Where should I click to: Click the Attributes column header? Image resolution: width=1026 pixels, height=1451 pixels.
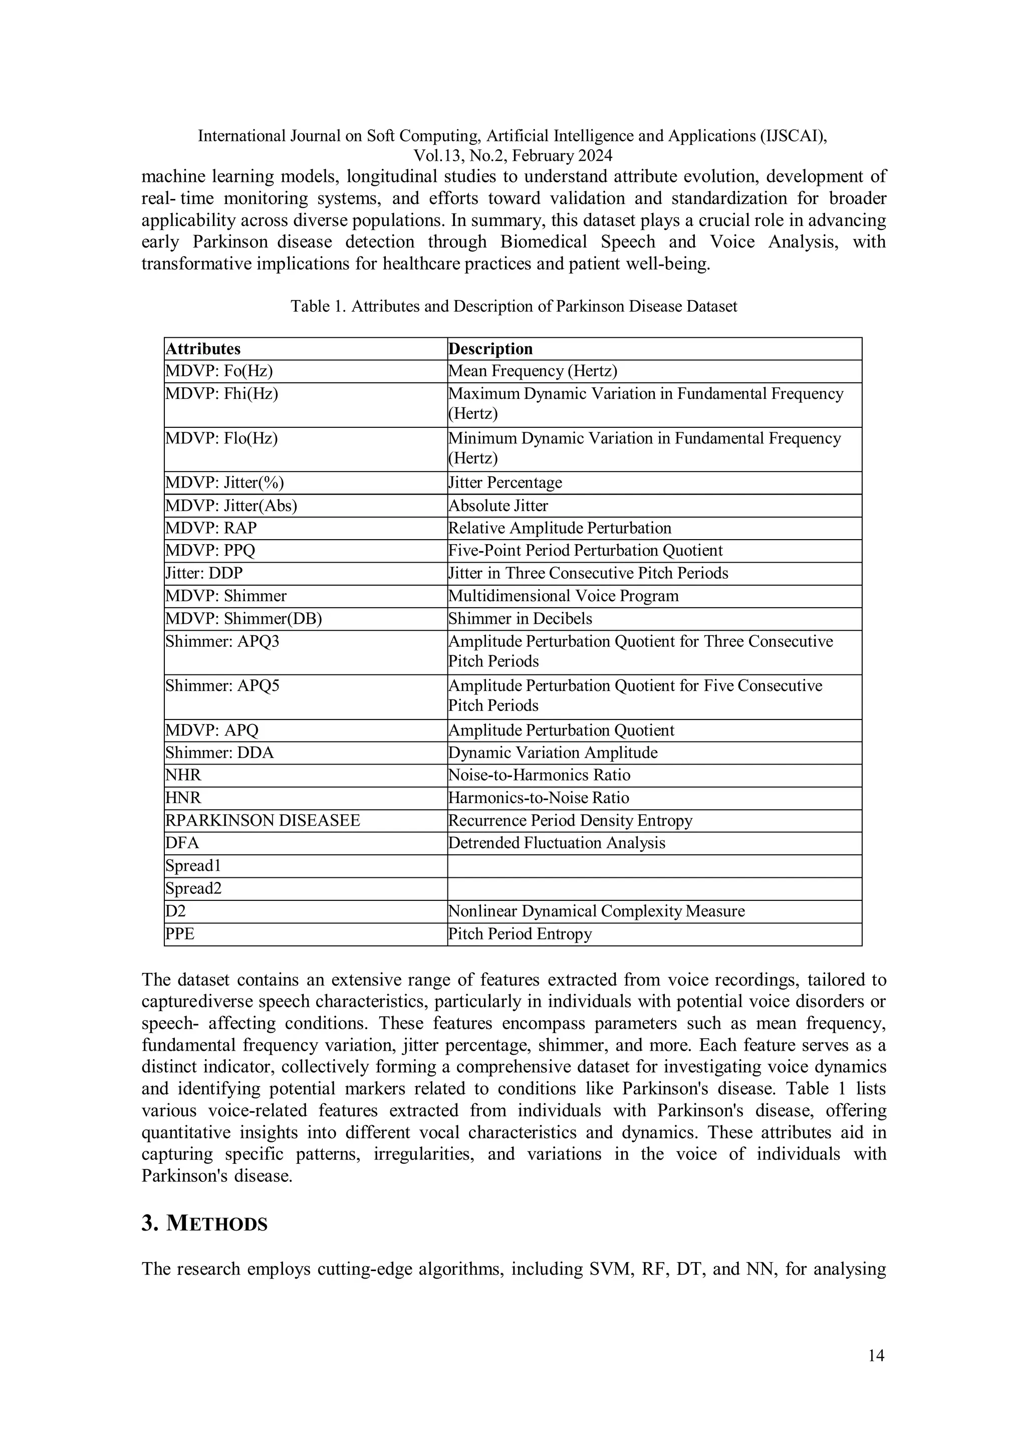coord(203,349)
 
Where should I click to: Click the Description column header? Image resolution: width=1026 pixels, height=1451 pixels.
coord(490,349)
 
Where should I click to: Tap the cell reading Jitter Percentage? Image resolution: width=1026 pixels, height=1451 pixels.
coord(505,483)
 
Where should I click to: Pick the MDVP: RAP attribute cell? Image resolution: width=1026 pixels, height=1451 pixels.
coord(211,528)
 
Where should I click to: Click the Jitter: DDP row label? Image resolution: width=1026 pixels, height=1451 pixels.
coord(204,573)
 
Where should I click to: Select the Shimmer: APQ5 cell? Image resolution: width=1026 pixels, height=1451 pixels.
coord(222,686)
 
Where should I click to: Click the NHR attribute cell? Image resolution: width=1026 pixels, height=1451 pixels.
coord(183,776)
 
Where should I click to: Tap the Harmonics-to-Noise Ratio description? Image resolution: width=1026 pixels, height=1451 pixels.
coord(538,798)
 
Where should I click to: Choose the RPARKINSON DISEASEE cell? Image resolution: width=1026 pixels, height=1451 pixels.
coord(263,821)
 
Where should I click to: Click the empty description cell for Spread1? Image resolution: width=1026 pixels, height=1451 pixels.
coord(654,866)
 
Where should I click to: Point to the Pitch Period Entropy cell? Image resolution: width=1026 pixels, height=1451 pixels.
coord(520,934)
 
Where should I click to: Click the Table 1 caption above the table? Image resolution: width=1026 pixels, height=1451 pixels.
coord(514,307)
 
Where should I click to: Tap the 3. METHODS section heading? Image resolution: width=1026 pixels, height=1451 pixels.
coord(205,1224)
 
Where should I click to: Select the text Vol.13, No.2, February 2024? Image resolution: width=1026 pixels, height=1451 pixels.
coord(512,155)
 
